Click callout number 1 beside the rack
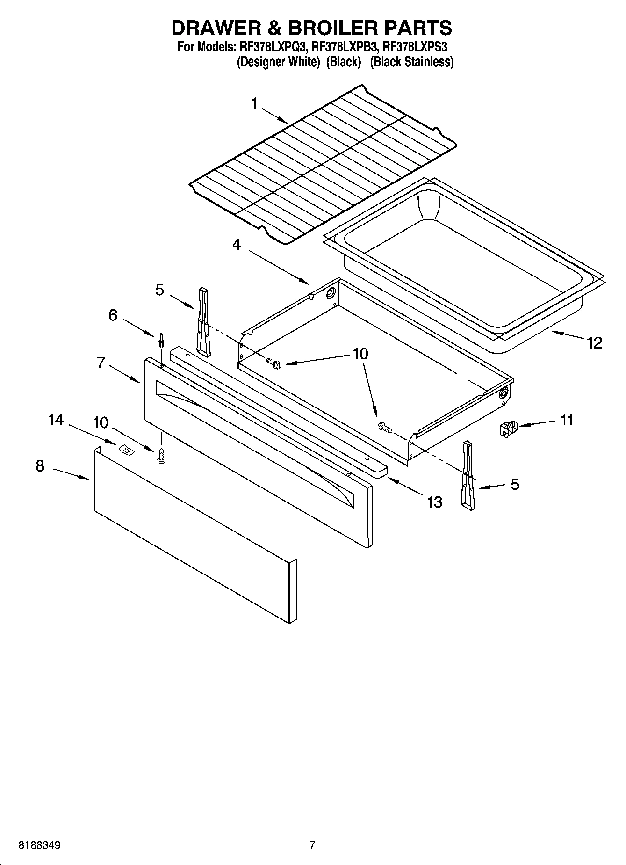[x=255, y=103]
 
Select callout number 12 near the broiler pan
[x=595, y=343]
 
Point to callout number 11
[x=566, y=420]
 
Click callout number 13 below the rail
[x=434, y=502]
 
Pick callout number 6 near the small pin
[x=113, y=315]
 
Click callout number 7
[x=101, y=363]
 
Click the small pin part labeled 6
[x=161, y=340]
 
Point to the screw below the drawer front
[x=162, y=456]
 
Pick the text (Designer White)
[x=278, y=62]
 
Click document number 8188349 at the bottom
[x=39, y=845]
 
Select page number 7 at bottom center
[x=312, y=845]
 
